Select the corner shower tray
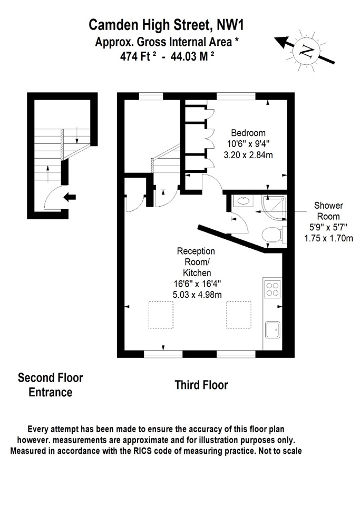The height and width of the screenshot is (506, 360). pyautogui.click(x=275, y=208)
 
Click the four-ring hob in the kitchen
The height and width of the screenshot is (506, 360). pyautogui.click(x=272, y=289)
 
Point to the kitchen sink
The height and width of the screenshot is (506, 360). pyautogui.click(x=273, y=330)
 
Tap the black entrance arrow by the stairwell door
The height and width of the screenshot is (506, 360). pyautogui.click(x=70, y=197)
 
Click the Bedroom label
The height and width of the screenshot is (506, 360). pyautogui.click(x=248, y=133)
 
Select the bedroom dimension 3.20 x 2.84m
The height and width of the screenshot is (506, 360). pyautogui.click(x=248, y=155)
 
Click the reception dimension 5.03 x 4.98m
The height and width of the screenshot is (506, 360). pyautogui.click(x=198, y=295)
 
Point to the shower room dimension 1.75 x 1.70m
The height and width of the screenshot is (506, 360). pyautogui.click(x=328, y=238)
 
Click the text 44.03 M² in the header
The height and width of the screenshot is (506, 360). pyautogui.click(x=192, y=57)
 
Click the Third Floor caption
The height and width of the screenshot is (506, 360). pyautogui.click(x=201, y=385)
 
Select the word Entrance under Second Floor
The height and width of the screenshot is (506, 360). pyautogui.click(x=50, y=392)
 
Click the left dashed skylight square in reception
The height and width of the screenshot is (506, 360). pyautogui.click(x=161, y=315)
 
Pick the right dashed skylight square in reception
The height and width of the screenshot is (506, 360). pyautogui.click(x=239, y=315)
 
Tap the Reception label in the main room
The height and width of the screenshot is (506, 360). pyautogui.click(x=196, y=251)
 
